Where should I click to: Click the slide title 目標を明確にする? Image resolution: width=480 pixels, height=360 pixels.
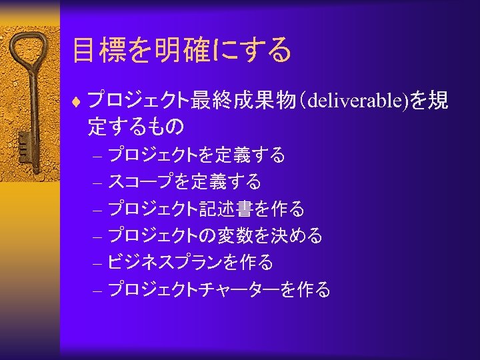tap(182, 51)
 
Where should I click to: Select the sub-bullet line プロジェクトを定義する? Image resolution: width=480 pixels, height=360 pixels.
tap(197, 156)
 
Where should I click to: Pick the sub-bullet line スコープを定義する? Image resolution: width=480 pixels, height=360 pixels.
tap(184, 181)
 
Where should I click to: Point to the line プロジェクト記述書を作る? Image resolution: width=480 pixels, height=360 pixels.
tap(206, 209)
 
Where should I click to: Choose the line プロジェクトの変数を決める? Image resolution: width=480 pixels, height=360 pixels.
tap(215, 235)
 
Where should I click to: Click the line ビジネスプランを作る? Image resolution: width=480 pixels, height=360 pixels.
tap(190, 263)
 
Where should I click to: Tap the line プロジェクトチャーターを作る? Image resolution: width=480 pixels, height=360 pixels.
tap(219, 289)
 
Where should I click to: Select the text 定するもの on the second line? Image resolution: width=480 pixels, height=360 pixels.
tap(136, 125)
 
